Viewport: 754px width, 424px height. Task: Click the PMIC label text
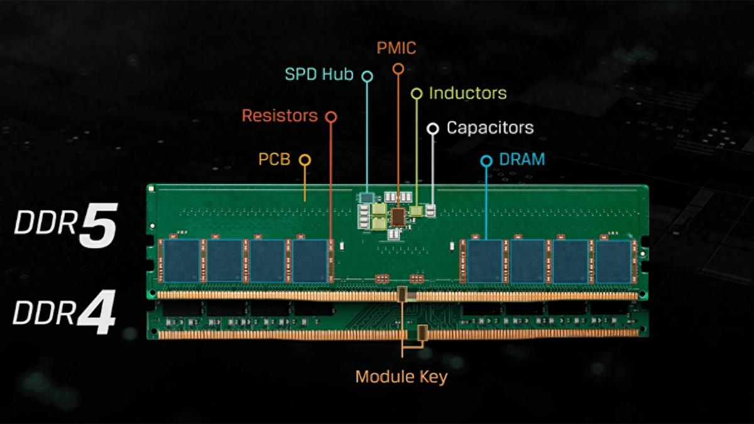point(396,48)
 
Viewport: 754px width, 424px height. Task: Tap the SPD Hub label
point(319,74)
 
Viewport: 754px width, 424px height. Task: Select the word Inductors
point(468,93)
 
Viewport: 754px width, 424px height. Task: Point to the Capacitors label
point(490,128)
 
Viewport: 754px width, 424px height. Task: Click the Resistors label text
point(280,116)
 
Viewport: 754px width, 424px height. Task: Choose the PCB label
point(275,159)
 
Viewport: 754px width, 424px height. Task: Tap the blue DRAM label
point(522,159)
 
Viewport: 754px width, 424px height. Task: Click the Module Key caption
point(402,377)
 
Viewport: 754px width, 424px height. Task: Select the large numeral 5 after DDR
point(98,225)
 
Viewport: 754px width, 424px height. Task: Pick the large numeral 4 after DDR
point(97,312)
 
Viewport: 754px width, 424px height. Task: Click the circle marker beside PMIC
point(398,68)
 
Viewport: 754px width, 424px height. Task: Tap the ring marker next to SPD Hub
point(367,77)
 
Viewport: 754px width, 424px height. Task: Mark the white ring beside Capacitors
point(433,129)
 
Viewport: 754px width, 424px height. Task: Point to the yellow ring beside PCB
point(305,160)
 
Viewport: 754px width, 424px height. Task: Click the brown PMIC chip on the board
point(398,217)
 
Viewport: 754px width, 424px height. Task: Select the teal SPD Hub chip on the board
point(366,198)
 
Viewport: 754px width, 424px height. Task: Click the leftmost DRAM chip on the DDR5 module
point(182,261)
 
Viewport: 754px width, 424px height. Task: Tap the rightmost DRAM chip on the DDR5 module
point(613,261)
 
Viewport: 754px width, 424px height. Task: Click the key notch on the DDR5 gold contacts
point(402,294)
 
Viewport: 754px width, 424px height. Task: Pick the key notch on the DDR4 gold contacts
point(422,332)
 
